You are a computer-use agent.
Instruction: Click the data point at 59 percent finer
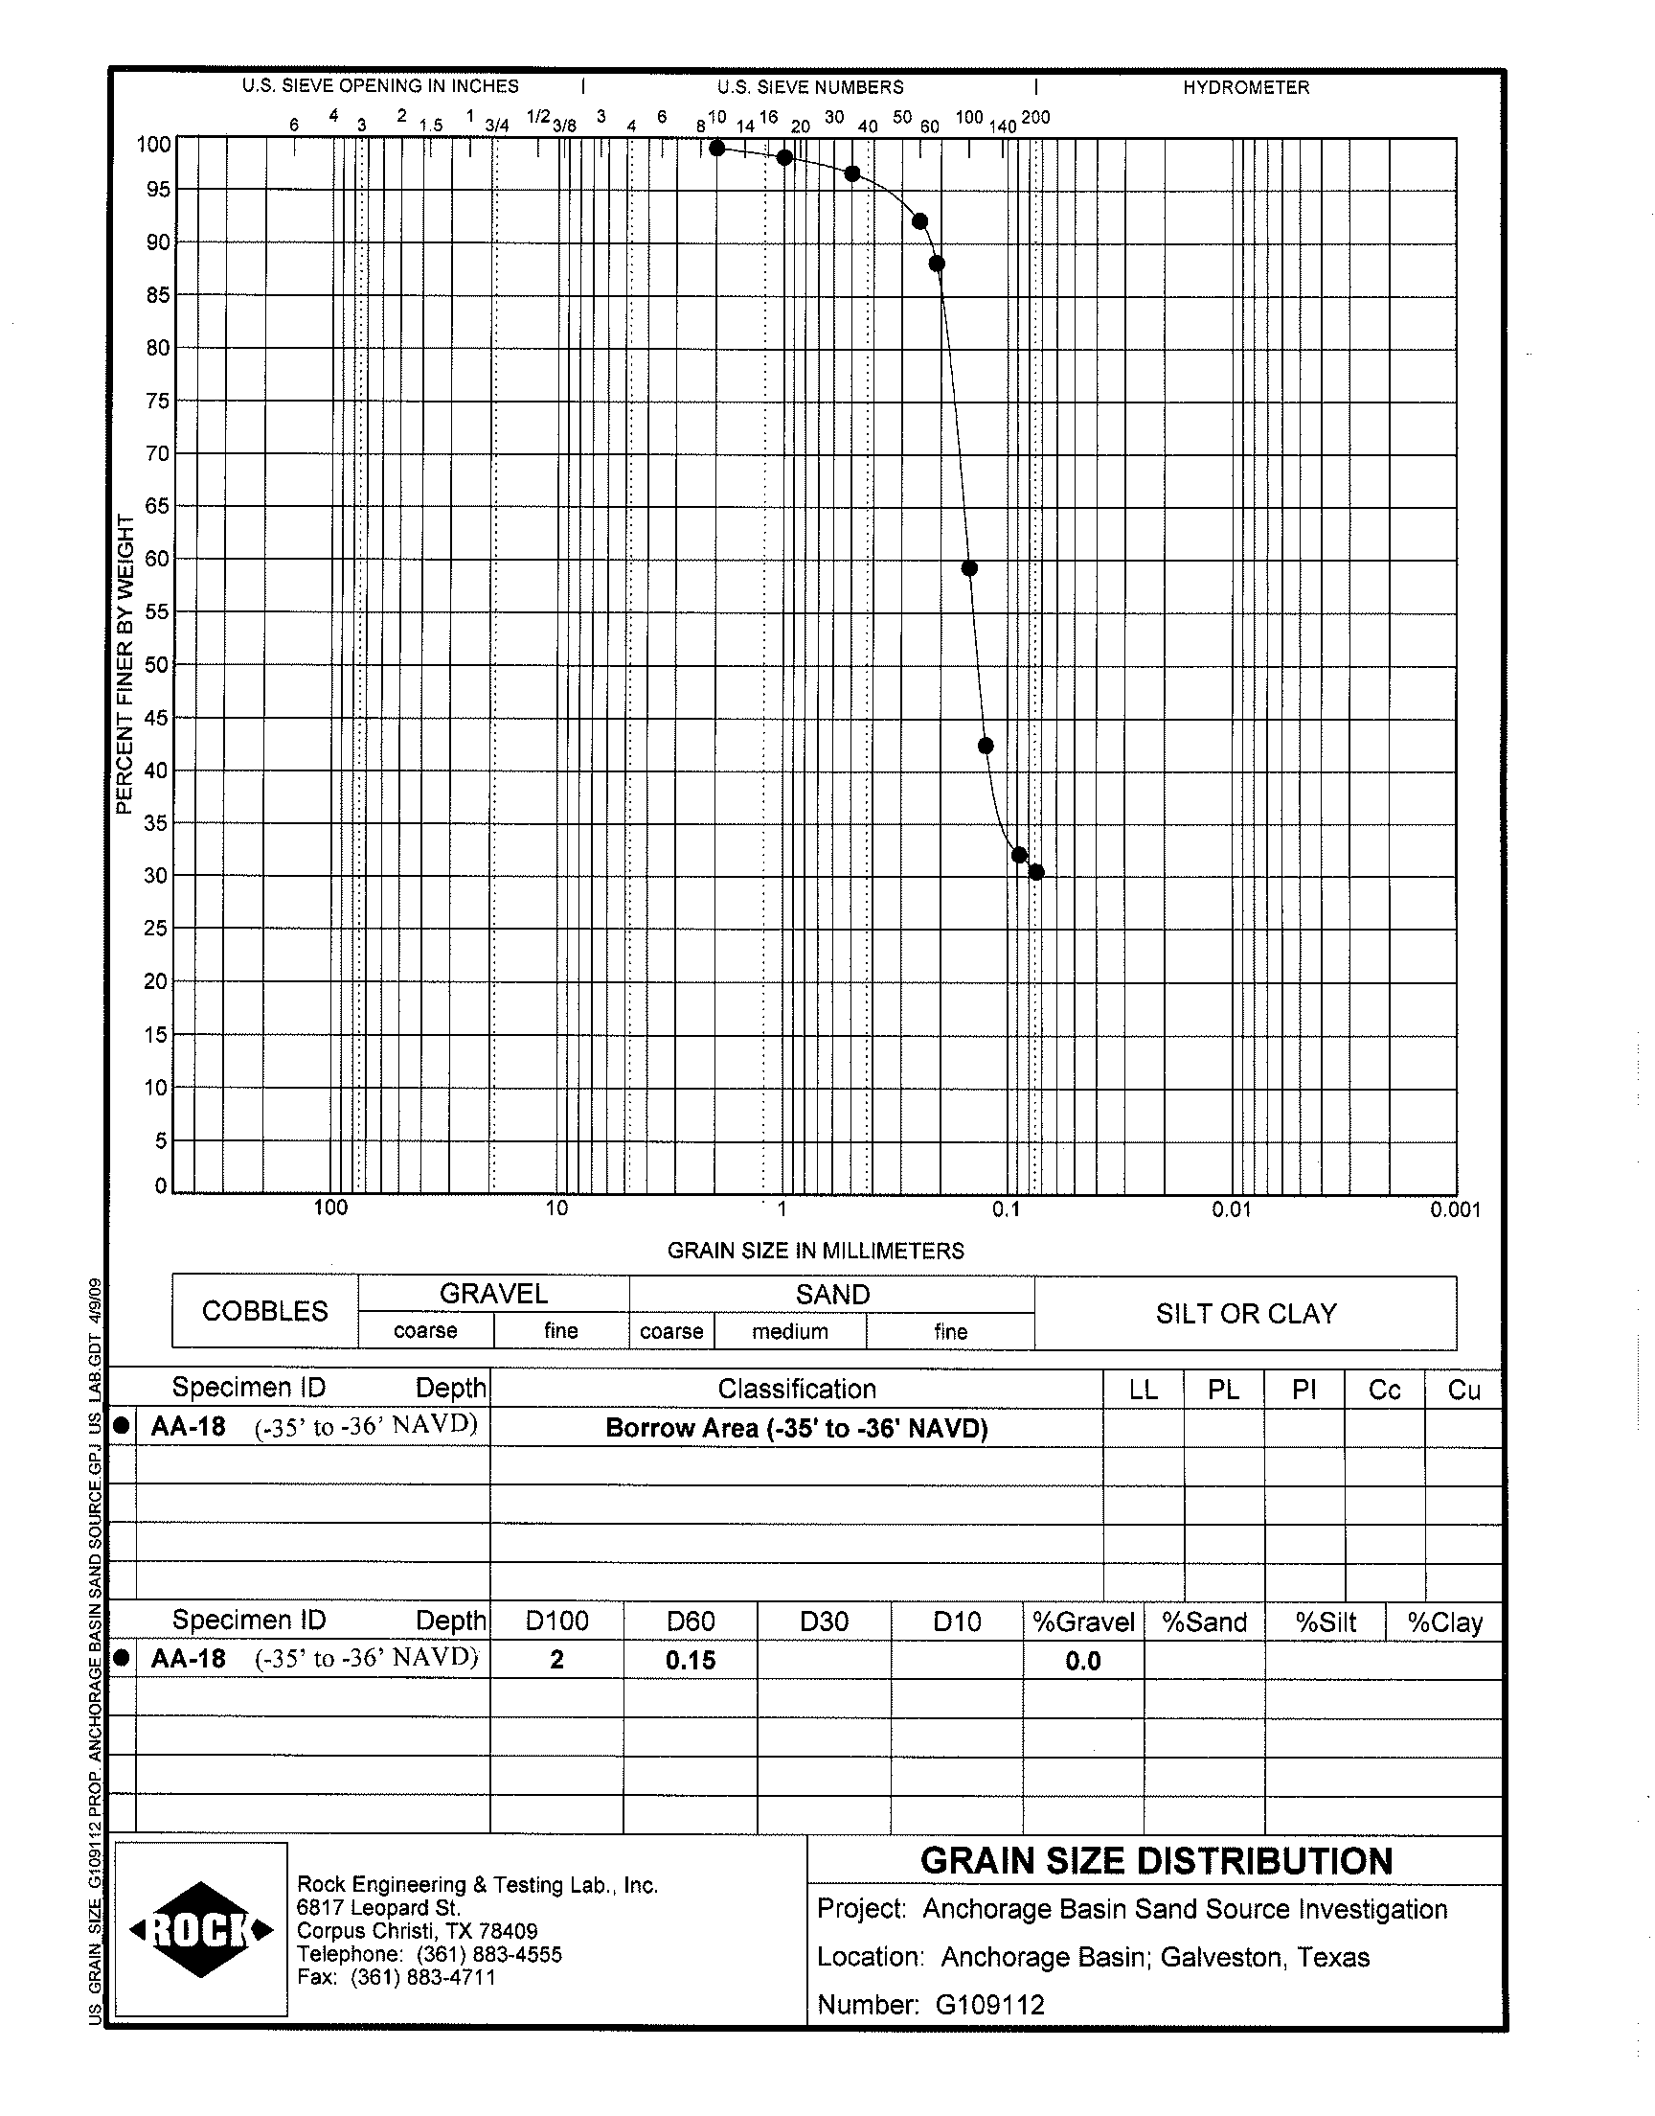coord(969,568)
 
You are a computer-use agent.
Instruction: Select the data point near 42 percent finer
coord(986,746)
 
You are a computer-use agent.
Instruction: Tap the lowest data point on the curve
coord(1036,872)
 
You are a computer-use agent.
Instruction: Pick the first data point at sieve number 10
coord(717,149)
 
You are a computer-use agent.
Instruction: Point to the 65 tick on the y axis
coord(158,506)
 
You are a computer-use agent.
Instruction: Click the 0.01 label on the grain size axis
coord(1231,1209)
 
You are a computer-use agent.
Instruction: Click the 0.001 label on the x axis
coord(1455,1209)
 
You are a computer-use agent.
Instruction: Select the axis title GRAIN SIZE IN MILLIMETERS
coord(815,1251)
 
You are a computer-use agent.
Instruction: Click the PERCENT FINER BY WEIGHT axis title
coord(124,664)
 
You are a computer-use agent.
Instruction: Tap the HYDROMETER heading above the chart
coord(1245,87)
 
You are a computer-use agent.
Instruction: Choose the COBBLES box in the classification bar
coord(264,1311)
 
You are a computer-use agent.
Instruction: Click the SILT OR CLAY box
coord(1245,1314)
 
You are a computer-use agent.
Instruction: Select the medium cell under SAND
coord(790,1332)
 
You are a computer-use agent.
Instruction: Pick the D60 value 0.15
coord(690,1661)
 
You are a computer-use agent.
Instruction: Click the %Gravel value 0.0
coord(1082,1662)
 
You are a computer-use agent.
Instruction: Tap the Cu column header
coord(1463,1390)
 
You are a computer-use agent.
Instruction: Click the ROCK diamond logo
coord(201,1930)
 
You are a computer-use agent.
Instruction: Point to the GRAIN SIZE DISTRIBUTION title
coord(1155,1861)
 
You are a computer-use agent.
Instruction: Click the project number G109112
coord(989,2005)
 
